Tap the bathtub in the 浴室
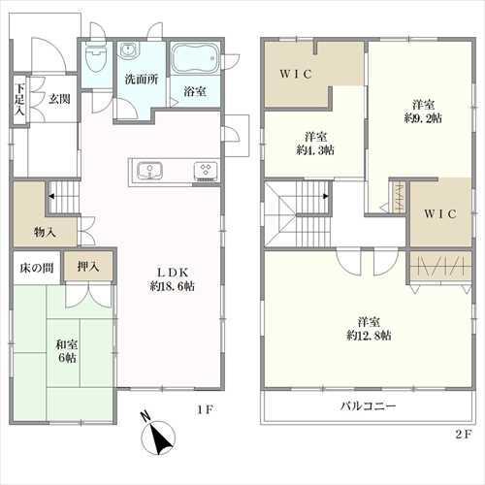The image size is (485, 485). point(195,58)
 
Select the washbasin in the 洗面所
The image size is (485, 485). point(130,50)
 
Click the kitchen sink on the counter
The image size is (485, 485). point(149,171)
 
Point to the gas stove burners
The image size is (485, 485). point(206,171)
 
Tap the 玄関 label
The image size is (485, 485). point(59,99)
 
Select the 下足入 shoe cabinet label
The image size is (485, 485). point(20,99)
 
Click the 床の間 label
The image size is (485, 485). point(37,268)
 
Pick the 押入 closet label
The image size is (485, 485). point(88,267)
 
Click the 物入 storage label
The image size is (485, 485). point(45,232)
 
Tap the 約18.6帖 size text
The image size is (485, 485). point(172,286)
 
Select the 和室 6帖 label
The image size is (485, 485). point(67,351)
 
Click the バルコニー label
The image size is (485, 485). point(368,405)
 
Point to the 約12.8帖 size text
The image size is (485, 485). point(369,336)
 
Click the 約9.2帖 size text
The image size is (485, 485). point(423,118)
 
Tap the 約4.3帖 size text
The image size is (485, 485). point(315,150)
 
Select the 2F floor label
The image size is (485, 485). point(464,434)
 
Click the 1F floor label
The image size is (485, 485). point(205,410)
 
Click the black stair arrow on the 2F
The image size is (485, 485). point(326,196)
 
